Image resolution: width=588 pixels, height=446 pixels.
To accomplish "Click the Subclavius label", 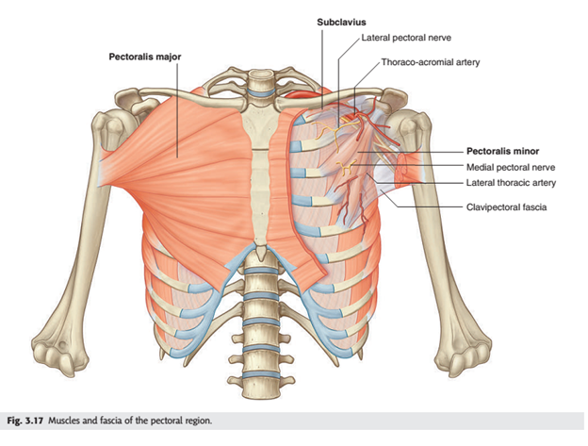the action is [341, 22].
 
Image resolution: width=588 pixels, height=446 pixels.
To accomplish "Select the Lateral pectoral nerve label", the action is [406, 38].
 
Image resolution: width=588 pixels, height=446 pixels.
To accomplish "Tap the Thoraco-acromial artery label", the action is [431, 62].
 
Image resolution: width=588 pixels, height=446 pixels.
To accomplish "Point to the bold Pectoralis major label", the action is [145, 57].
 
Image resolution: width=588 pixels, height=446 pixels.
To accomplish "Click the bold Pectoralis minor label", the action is [502, 151].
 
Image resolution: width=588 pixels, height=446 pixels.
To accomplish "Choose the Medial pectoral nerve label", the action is [511, 167].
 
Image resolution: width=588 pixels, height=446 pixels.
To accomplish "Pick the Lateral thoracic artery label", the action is [511, 183].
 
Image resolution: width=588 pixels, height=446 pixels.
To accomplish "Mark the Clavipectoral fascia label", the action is [506, 207].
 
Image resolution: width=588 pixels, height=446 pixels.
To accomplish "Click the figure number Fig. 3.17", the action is [25, 421].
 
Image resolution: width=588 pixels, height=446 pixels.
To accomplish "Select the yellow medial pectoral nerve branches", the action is [346, 167].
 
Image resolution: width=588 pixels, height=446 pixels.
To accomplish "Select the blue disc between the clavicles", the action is [259, 92].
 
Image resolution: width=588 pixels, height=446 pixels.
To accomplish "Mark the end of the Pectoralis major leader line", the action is [177, 157].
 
